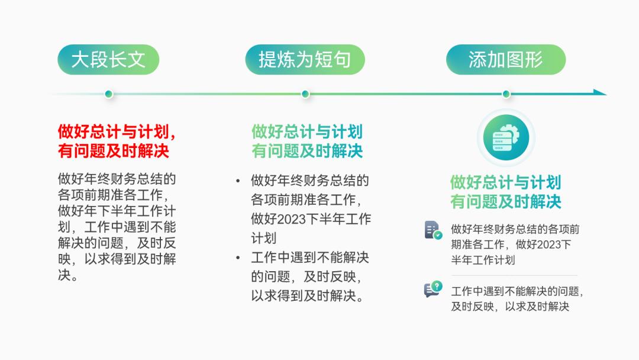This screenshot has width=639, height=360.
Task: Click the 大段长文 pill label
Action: tap(108, 60)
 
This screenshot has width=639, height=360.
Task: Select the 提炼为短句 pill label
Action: tap(305, 60)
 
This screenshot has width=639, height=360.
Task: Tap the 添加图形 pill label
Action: tap(506, 60)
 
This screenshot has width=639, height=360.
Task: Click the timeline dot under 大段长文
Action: tap(108, 94)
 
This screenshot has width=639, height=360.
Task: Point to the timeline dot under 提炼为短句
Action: tap(305, 94)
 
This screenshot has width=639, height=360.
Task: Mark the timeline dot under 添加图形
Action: tap(506, 94)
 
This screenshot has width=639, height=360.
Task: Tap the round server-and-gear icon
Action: tap(506, 137)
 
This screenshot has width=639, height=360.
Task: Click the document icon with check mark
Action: tap(433, 230)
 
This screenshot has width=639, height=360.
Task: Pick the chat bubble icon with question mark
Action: tap(433, 290)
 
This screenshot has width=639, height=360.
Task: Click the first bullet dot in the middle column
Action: tap(238, 180)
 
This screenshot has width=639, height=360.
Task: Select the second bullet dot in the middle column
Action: tap(238, 258)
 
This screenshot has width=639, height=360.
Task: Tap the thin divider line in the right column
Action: tap(514, 275)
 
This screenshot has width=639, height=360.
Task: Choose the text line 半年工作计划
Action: tap(483, 260)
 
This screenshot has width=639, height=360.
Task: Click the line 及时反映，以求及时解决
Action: tap(510, 307)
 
